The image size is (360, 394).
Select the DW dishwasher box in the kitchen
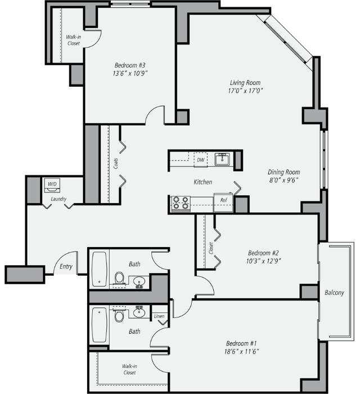pos(200,160)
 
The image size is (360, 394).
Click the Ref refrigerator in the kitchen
pos(223,200)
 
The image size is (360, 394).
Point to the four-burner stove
pos(181,203)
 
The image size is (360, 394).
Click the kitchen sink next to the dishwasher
pos(223,159)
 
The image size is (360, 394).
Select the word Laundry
pos(58,199)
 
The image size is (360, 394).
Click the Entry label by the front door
pos(66,266)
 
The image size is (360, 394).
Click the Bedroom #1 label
pos(242,343)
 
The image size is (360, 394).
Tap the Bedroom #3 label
pos(130,65)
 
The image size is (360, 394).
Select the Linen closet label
pos(159,317)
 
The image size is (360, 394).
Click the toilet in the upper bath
pos(119,278)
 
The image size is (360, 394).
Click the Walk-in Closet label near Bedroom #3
pos(73,40)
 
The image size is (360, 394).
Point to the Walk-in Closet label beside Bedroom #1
pos(129,369)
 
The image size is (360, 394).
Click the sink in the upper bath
pos(138,280)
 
